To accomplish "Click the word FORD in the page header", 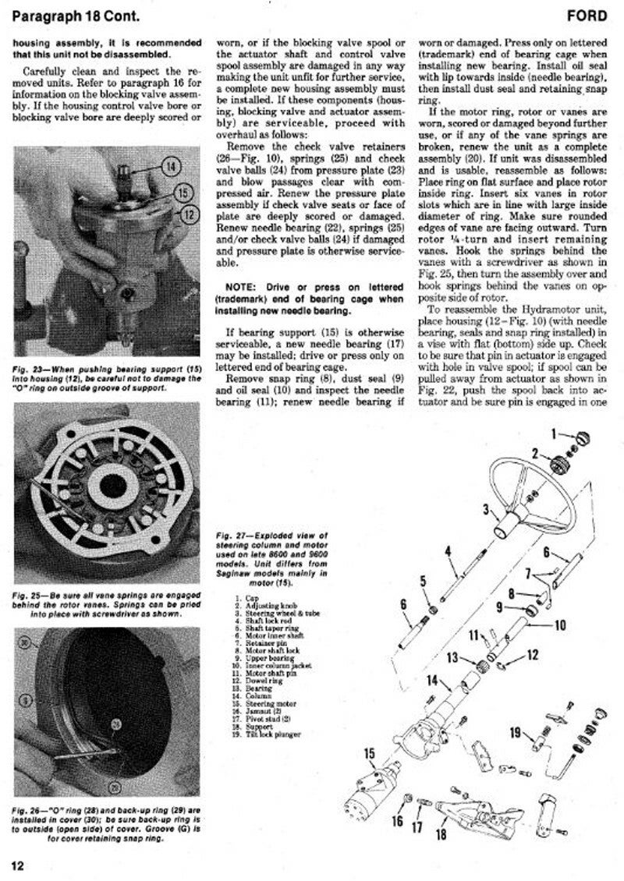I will click(594, 15).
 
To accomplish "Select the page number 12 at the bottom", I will click(19, 864).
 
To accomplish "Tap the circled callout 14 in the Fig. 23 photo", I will click(172, 165).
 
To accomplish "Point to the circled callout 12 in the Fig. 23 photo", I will click(187, 213).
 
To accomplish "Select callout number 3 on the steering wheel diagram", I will click(486, 511).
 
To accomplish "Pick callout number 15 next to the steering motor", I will click(370, 753).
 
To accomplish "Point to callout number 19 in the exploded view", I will click(516, 732).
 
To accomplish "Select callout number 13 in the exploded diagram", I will click(453, 659).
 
